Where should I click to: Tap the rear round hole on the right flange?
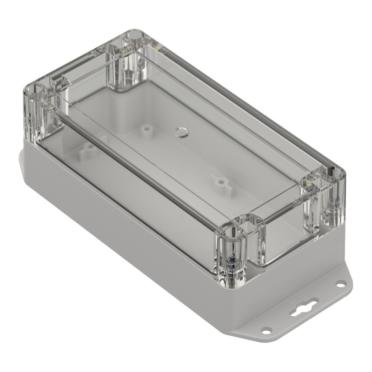[341, 283]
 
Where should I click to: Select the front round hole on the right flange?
[266, 330]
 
